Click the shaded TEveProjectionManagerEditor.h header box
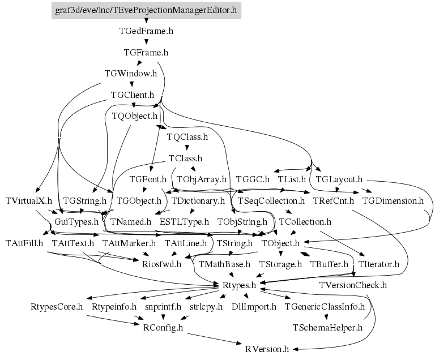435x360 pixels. [146, 11]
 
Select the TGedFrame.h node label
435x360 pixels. [146, 31]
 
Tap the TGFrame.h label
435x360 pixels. [146, 53]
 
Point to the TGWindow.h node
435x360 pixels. [131, 74]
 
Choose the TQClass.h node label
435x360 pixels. [187, 137]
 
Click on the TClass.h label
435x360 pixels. [185, 158]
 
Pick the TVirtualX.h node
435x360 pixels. [28, 200]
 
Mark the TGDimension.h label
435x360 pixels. [393, 200]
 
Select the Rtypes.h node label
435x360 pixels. [239, 285]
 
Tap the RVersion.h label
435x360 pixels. [267, 349]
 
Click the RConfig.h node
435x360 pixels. [163, 328]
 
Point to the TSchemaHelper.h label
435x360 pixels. [327, 328]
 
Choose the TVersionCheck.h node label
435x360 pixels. [353, 285]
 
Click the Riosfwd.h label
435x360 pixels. [162, 264]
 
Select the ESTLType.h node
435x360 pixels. [184, 222]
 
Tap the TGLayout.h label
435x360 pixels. [339, 179]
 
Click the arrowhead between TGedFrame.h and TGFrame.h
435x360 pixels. [146, 42]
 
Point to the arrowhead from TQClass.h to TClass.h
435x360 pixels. [187, 148]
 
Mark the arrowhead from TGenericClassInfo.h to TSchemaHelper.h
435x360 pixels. [326, 317]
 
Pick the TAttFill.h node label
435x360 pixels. [24, 243]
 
